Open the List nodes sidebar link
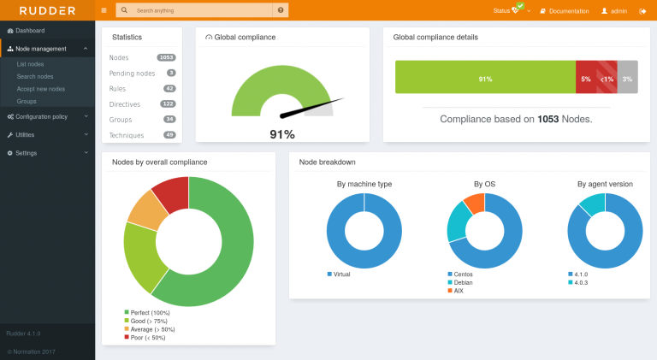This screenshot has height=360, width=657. point(31,64)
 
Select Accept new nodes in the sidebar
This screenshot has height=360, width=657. point(40,89)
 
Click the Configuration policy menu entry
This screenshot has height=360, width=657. point(41,116)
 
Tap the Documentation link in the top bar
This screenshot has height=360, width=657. point(568,11)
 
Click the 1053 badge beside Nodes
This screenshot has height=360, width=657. point(166,57)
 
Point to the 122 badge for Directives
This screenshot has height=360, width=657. point(168,103)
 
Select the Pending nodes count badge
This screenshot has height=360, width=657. point(171,73)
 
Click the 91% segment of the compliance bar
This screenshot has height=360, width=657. point(485,79)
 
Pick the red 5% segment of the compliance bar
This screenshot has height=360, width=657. point(586,79)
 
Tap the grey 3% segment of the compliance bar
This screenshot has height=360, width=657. point(628,79)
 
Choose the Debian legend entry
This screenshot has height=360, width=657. point(463,282)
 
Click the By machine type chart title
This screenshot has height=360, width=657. point(364,184)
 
